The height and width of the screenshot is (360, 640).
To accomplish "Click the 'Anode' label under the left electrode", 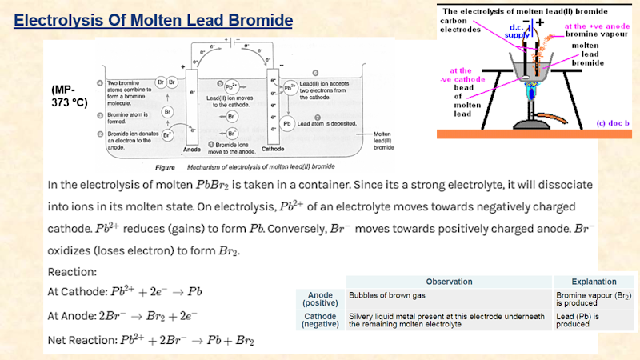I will tap(191, 150).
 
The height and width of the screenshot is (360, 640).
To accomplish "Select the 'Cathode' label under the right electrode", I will tap(272, 150).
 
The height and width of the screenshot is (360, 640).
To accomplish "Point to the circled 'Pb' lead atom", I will tap(287, 124).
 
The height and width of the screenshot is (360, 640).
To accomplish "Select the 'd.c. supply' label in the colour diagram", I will tap(516, 31).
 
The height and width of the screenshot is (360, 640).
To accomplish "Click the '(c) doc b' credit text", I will tap(614, 124).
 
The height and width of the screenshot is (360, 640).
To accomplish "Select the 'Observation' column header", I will tap(448, 282).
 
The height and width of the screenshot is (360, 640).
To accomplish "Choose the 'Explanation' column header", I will tap(594, 282).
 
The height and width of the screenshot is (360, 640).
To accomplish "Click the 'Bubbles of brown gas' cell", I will tap(386, 294).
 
